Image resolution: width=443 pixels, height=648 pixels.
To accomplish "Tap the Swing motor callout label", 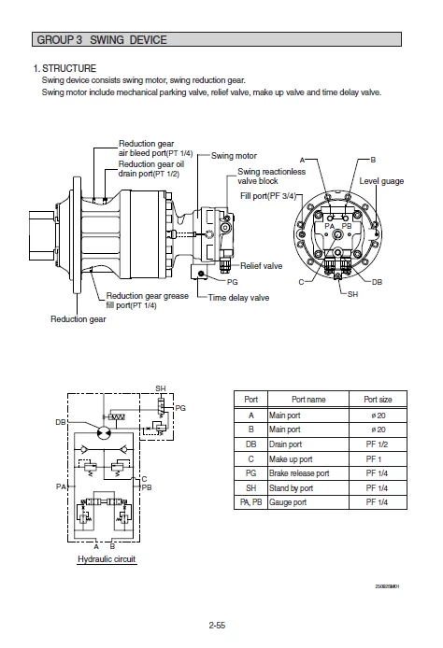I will (234, 155).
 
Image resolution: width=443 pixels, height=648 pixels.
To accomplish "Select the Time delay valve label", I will (238, 298).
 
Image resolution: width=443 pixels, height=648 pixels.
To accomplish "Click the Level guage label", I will (381, 181).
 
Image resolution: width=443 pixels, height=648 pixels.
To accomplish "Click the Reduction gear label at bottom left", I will (78, 319).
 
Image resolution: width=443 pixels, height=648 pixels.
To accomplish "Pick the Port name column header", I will (308, 399).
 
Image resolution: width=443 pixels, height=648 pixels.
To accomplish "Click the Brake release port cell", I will (299, 473).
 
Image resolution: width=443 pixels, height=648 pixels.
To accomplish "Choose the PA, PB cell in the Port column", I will (249, 502).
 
